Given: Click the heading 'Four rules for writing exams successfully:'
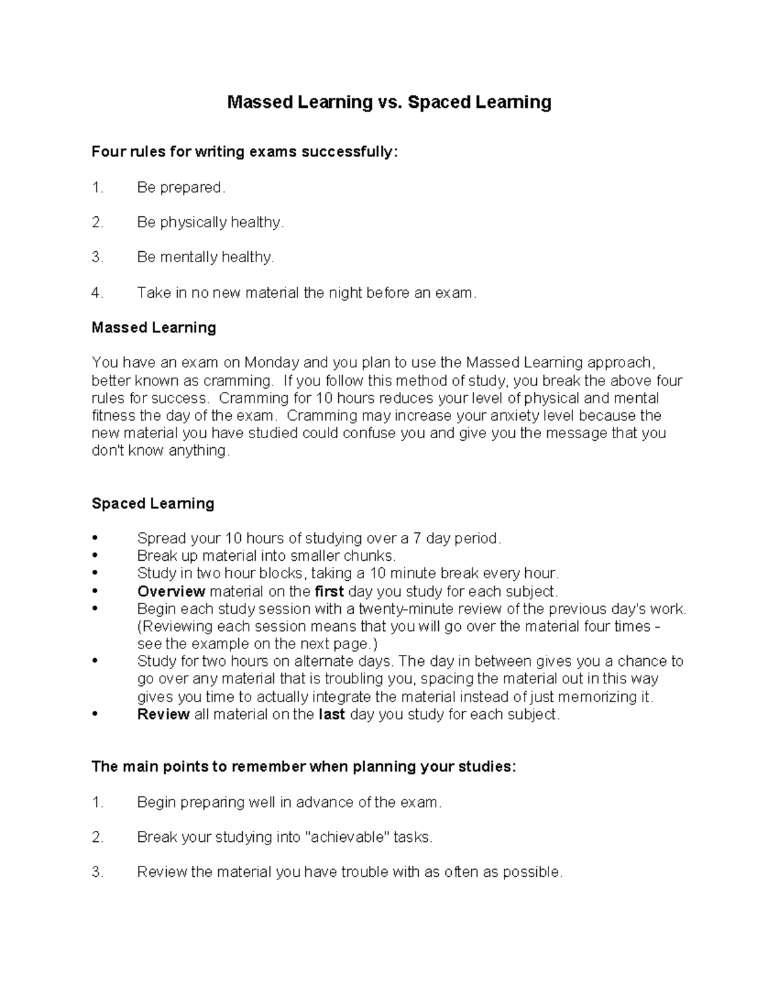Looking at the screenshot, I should pyautogui.click(x=243, y=152).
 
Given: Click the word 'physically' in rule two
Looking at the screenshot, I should pyautogui.click(x=193, y=223).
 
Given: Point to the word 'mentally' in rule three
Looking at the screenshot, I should pyautogui.click(x=189, y=258).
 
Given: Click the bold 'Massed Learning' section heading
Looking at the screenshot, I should pyautogui.click(x=154, y=328).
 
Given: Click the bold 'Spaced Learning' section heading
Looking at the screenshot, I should pyautogui.click(x=153, y=504).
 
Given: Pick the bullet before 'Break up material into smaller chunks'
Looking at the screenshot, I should pyautogui.click(x=96, y=556).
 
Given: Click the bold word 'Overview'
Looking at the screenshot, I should pyautogui.click(x=171, y=591).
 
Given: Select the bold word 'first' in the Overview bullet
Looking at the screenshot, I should pyautogui.click(x=329, y=591).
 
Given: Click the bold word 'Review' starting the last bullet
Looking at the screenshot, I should pyautogui.click(x=163, y=715).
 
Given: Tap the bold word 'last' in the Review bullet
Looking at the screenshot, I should pyautogui.click(x=332, y=715).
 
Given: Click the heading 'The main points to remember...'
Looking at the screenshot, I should pyautogui.click(x=304, y=767).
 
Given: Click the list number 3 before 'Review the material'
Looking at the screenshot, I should pyautogui.click(x=97, y=872).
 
